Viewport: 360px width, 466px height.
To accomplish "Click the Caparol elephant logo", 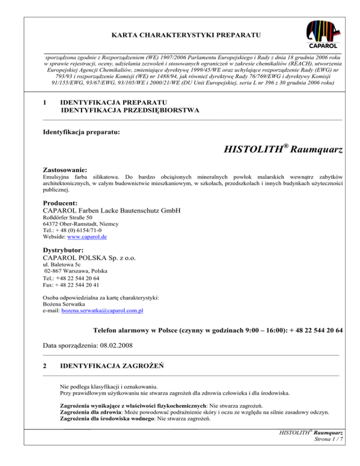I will [322, 34].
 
